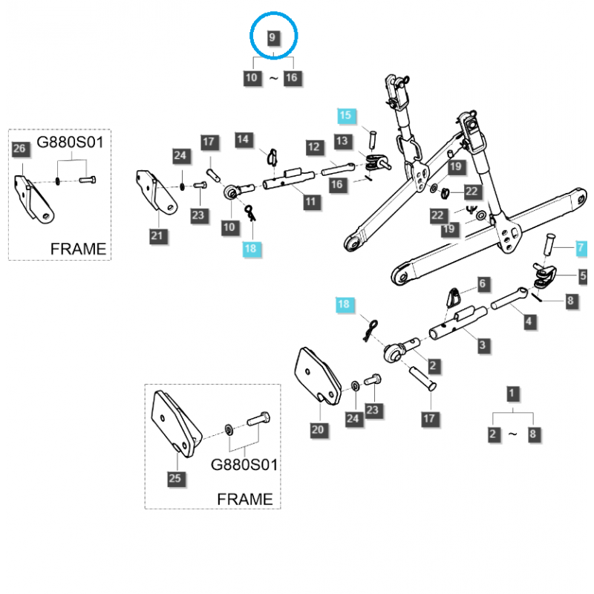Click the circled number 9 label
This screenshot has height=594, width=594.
point(273,37)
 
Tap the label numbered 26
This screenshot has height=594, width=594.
point(20,149)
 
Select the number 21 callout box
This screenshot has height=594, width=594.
point(156,236)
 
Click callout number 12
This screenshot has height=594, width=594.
point(313,148)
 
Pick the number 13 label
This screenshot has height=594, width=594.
point(342,140)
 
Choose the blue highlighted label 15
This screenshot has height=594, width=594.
point(347,115)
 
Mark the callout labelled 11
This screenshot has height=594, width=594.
point(309,200)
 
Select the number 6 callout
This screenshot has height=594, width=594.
point(482,284)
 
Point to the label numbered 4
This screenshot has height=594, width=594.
point(528,321)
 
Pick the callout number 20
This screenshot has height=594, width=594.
point(318,428)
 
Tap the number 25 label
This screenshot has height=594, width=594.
point(174,478)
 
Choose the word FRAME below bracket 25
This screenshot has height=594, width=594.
point(245,499)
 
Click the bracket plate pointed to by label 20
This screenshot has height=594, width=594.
point(317,374)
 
